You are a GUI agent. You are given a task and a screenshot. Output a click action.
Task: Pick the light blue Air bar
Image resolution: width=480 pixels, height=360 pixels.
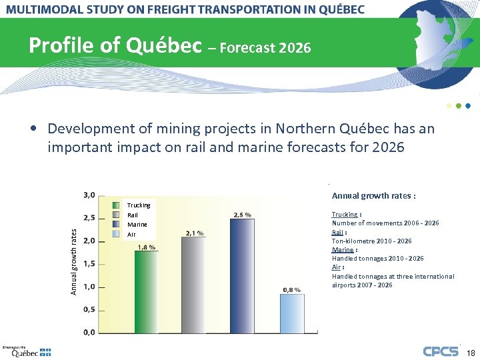[x=292, y=313]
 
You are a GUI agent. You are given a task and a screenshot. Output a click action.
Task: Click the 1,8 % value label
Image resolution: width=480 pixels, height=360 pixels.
[x=147, y=247]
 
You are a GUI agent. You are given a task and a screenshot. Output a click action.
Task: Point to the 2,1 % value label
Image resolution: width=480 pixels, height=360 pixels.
[x=194, y=233]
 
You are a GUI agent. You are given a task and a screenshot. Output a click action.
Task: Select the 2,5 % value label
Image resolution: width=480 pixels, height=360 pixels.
[x=242, y=215]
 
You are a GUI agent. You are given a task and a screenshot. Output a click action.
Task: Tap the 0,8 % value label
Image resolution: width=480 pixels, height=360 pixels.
[x=292, y=289]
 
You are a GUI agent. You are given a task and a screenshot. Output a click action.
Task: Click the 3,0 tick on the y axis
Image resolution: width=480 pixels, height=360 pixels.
[x=88, y=195]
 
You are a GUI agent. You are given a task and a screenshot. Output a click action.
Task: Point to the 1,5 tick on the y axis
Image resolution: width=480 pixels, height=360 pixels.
[x=88, y=264]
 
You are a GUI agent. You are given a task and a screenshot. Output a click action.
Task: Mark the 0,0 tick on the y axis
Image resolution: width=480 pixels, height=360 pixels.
[x=88, y=332]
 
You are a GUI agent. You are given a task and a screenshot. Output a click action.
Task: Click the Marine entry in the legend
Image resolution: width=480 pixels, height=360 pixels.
[x=137, y=225]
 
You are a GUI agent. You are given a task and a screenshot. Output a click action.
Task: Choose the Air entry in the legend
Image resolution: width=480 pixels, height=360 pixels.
[x=131, y=234]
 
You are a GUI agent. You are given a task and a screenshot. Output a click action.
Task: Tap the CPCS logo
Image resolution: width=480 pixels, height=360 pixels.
[x=441, y=351]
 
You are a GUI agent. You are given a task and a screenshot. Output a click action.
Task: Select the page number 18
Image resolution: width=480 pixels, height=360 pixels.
[x=470, y=352]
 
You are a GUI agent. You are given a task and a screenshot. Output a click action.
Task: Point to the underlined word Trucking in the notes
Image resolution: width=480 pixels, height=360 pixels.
[x=345, y=214]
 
